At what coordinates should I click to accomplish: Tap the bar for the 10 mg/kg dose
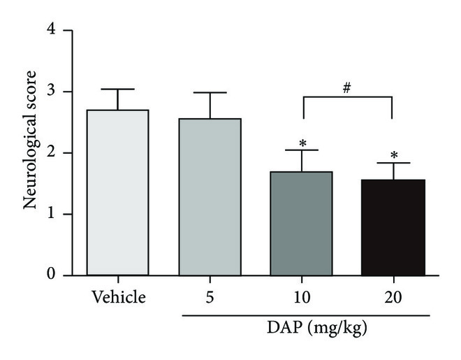(x=302, y=223)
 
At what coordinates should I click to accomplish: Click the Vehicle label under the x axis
(x=117, y=297)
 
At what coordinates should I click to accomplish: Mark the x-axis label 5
(x=210, y=297)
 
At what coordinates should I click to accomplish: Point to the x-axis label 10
(x=302, y=297)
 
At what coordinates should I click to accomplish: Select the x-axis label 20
(x=393, y=297)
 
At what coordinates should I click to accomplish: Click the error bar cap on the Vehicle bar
(x=117, y=89)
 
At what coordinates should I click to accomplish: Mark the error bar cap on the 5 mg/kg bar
(x=210, y=92)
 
